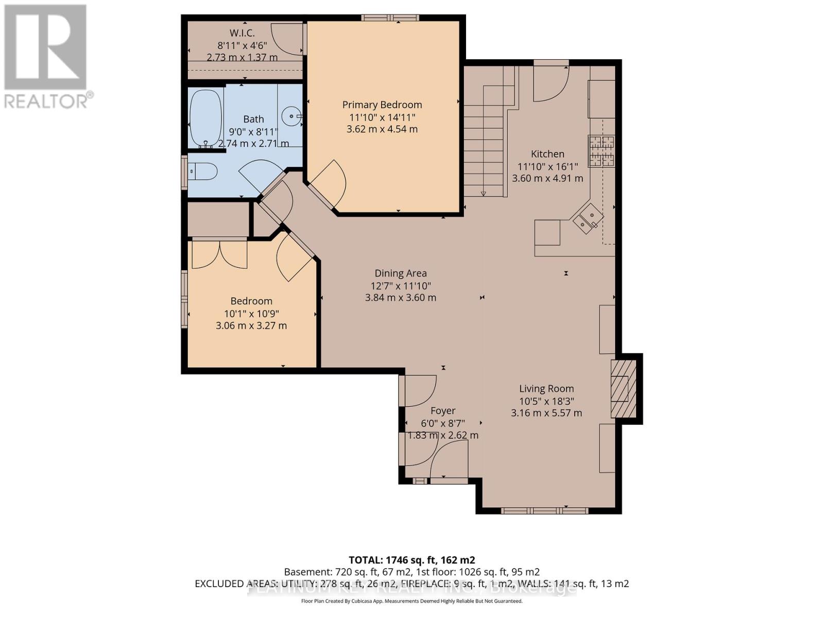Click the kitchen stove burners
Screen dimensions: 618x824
pos(602,150)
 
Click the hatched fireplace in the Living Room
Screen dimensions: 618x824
pos(623,388)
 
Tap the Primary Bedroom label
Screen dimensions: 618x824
pos(382,105)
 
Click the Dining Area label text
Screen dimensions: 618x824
pos(400,273)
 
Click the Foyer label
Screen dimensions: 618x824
pos(443,410)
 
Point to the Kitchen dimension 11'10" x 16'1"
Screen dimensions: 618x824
pos(547,166)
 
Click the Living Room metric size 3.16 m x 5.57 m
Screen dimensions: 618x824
pos(546,413)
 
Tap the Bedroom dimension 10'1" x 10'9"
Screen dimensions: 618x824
pos(251,313)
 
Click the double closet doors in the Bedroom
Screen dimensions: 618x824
pos(219,254)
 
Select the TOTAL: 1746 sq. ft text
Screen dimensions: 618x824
pos(412,560)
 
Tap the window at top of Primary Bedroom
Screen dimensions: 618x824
pos(390,18)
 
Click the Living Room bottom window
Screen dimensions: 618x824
pos(544,510)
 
